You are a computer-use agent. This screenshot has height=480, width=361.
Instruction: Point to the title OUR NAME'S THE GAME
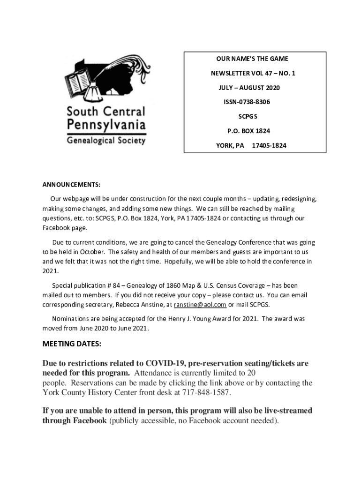252,59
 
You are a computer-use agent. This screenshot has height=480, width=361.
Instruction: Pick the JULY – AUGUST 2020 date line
249,88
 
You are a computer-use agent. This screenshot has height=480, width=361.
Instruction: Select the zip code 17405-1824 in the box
269,145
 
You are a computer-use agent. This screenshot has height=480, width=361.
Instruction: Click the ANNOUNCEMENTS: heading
72,184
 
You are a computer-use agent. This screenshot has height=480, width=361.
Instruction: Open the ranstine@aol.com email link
200,305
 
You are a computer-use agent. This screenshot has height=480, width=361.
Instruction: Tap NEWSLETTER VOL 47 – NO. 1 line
252,73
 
